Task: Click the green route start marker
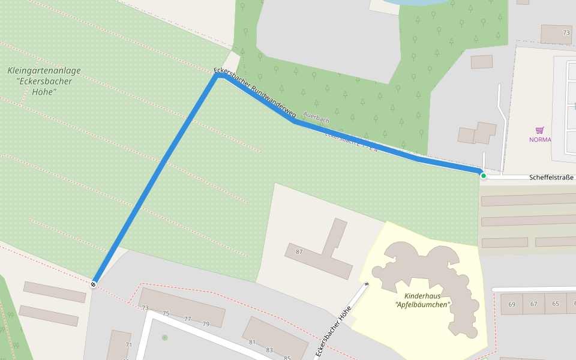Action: point(483,176)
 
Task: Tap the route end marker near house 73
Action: point(94,284)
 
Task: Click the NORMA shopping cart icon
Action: point(539,130)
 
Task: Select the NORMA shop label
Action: point(540,140)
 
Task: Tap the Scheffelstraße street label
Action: point(552,178)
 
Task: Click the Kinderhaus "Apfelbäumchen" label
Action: point(427,301)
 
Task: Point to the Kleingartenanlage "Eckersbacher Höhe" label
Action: point(44,81)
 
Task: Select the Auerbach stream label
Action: point(316,118)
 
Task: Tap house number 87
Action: point(299,251)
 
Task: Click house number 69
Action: point(512,304)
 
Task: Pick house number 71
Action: point(128,345)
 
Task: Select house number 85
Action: point(287,358)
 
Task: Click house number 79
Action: point(206,324)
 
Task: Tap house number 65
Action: point(556,304)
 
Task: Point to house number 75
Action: point(166,313)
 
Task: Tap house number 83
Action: point(269,350)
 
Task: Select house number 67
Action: point(533,304)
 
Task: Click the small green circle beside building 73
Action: point(165,337)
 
